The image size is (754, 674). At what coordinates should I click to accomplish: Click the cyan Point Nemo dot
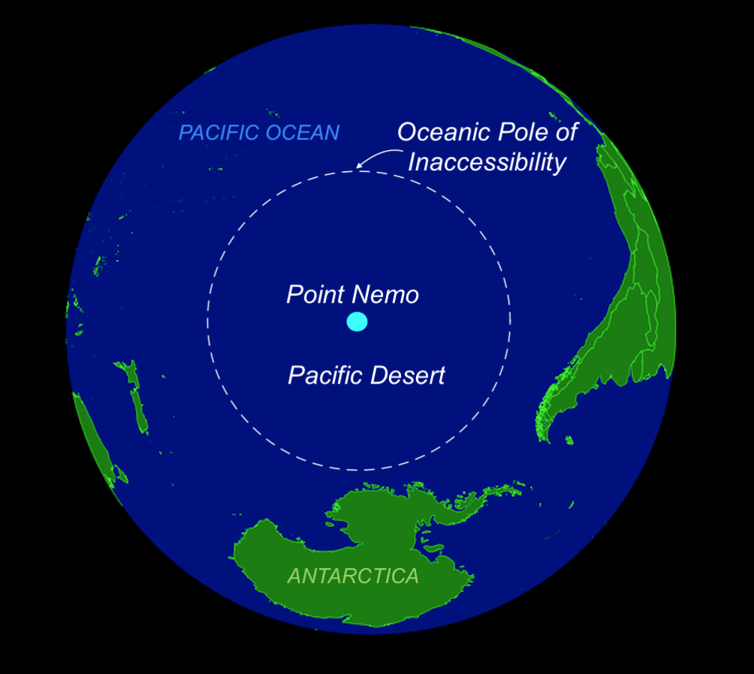click(x=357, y=322)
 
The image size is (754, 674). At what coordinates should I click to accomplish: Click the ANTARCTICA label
click(x=354, y=576)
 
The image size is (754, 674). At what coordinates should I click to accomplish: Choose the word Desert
click(x=410, y=375)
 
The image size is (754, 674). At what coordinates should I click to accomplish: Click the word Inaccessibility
click(x=487, y=162)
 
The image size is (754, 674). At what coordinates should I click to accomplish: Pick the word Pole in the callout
click(x=515, y=133)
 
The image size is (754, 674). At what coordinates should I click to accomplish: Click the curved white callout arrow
click(x=376, y=156)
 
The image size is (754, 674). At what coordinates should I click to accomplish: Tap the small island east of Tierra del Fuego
click(x=569, y=441)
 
